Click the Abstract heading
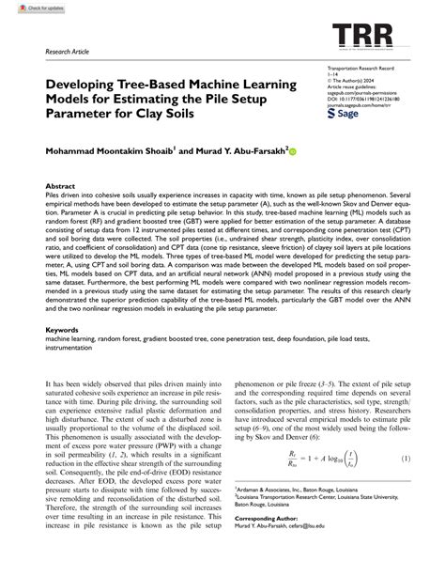click(60, 187)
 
